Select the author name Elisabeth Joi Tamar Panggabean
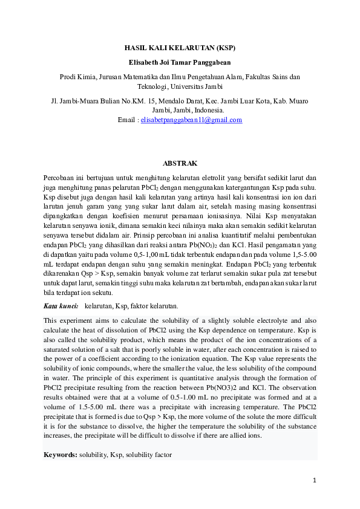[x=180, y=62]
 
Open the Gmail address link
[x=191, y=120]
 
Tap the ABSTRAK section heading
[x=180, y=163]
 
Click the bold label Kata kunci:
[x=61, y=306]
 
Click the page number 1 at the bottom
[x=315, y=481]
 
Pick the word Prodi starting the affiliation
[x=68, y=77]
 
